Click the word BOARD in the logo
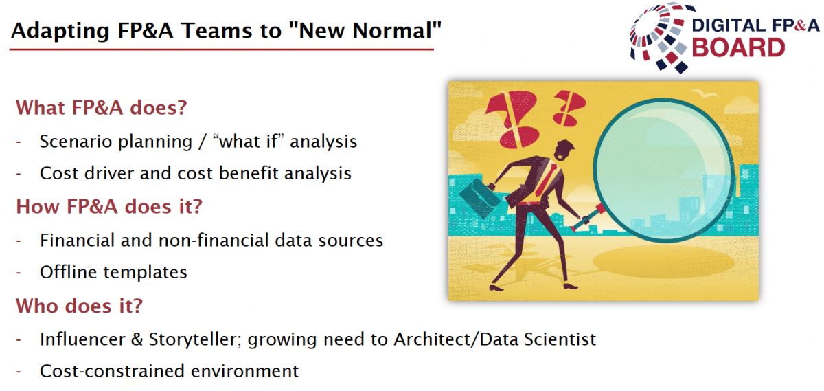(x=738, y=48)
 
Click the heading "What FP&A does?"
(x=102, y=108)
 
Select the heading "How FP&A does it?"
(x=109, y=207)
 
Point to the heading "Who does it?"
(x=79, y=306)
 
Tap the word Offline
(x=69, y=272)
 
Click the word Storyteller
(x=194, y=339)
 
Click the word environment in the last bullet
(x=244, y=371)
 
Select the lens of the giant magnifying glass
(x=665, y=170)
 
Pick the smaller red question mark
(x=569, y=107)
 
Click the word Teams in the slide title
(x=217, y=30)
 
